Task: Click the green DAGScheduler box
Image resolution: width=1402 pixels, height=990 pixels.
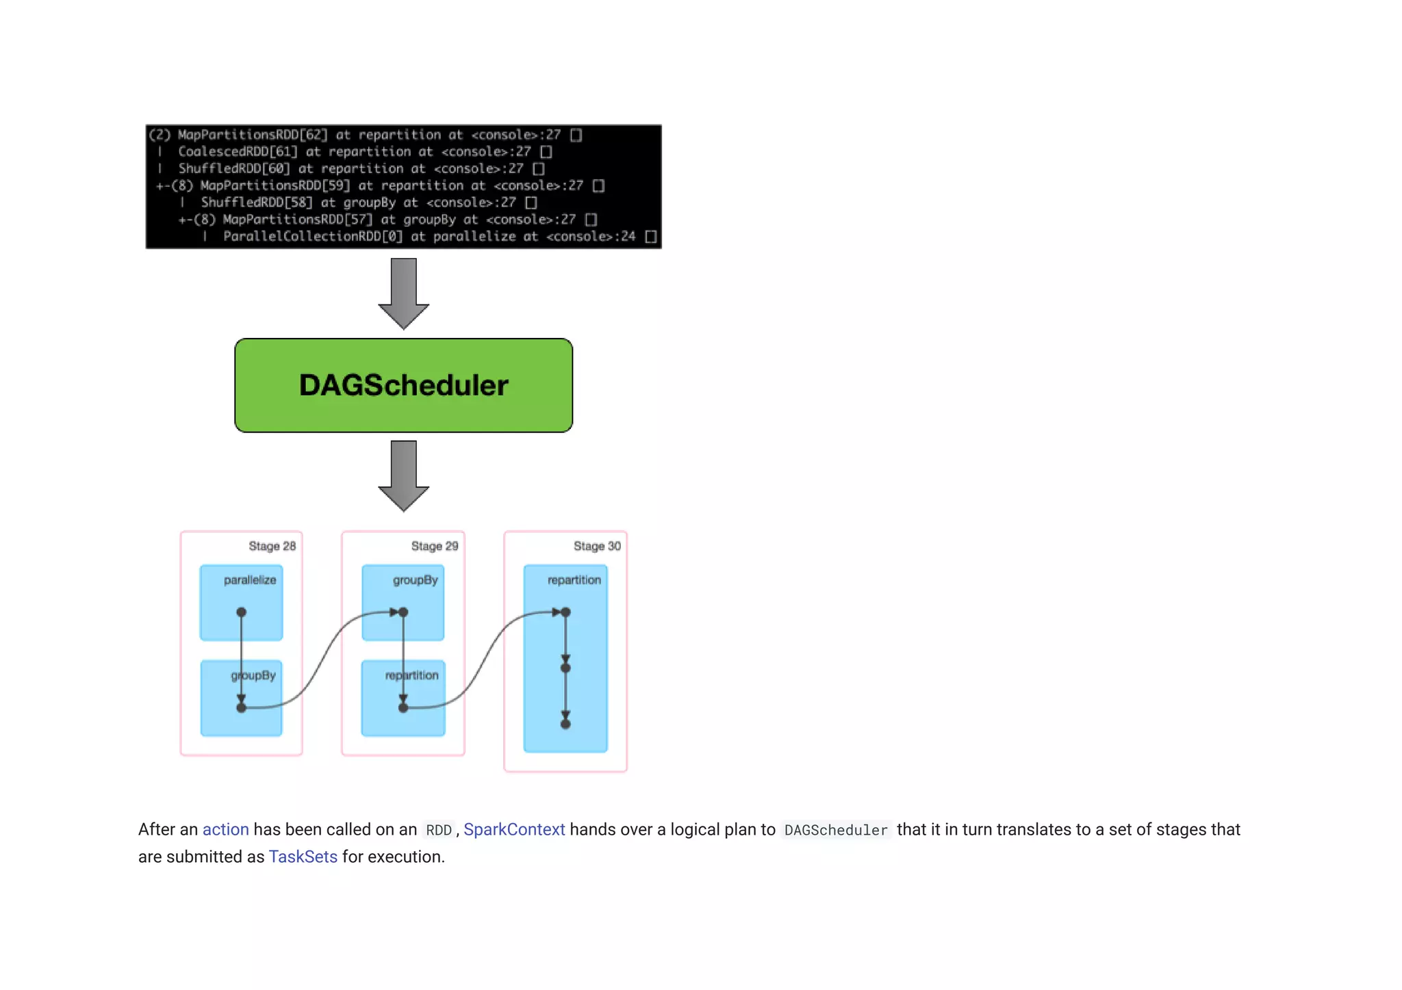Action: tap(403, 385)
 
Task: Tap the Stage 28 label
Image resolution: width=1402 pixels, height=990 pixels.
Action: tap(272, 546)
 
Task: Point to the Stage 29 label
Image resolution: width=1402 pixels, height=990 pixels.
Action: tap(434, 546)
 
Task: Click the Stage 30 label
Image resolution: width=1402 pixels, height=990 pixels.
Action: tap(597, 546)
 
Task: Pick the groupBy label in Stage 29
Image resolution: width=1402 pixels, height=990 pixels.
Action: tap(415, 580)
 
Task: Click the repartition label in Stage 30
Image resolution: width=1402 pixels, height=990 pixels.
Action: tap(574, 580)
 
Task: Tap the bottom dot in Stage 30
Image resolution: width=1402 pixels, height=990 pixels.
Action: tap(565, 724)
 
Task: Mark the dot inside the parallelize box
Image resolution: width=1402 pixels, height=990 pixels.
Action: tap(241, 612)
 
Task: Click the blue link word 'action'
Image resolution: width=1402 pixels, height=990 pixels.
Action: tap(225, 830)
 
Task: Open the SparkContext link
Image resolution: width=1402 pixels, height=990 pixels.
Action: tap(514, 830)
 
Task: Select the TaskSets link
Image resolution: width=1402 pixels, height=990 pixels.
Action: tap(303, 857)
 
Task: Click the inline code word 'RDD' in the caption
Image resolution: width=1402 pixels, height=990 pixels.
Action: tap(439, 831)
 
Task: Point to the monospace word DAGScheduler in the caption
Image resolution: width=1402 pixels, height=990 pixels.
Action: tap(835, 831)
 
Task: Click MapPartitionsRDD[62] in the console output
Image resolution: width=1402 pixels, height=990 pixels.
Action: tap(253, 135)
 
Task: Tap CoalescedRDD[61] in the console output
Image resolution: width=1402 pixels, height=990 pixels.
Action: tap(238, 152)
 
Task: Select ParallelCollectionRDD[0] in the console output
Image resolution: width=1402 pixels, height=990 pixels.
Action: tap(313, 237)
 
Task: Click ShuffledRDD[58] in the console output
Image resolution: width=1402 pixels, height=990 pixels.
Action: tap(256, 203)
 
